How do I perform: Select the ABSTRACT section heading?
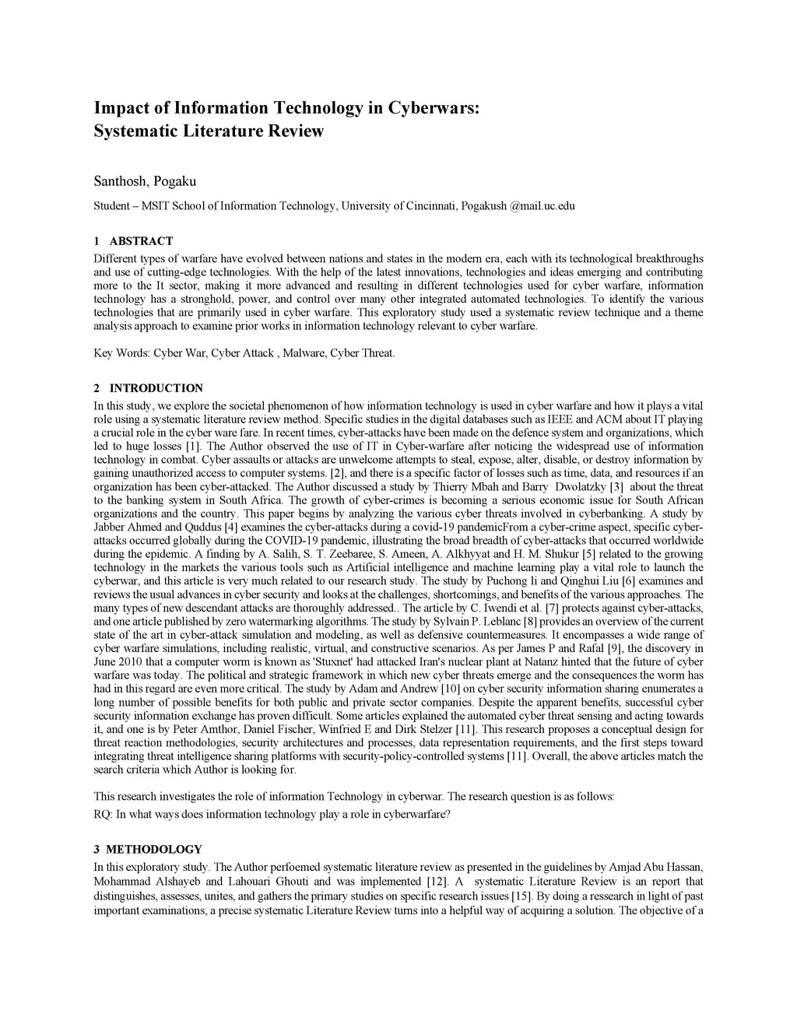(141, 241)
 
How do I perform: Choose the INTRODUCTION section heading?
(156, 388)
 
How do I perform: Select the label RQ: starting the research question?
(103, 815)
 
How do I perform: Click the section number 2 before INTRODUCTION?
(97, 388)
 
